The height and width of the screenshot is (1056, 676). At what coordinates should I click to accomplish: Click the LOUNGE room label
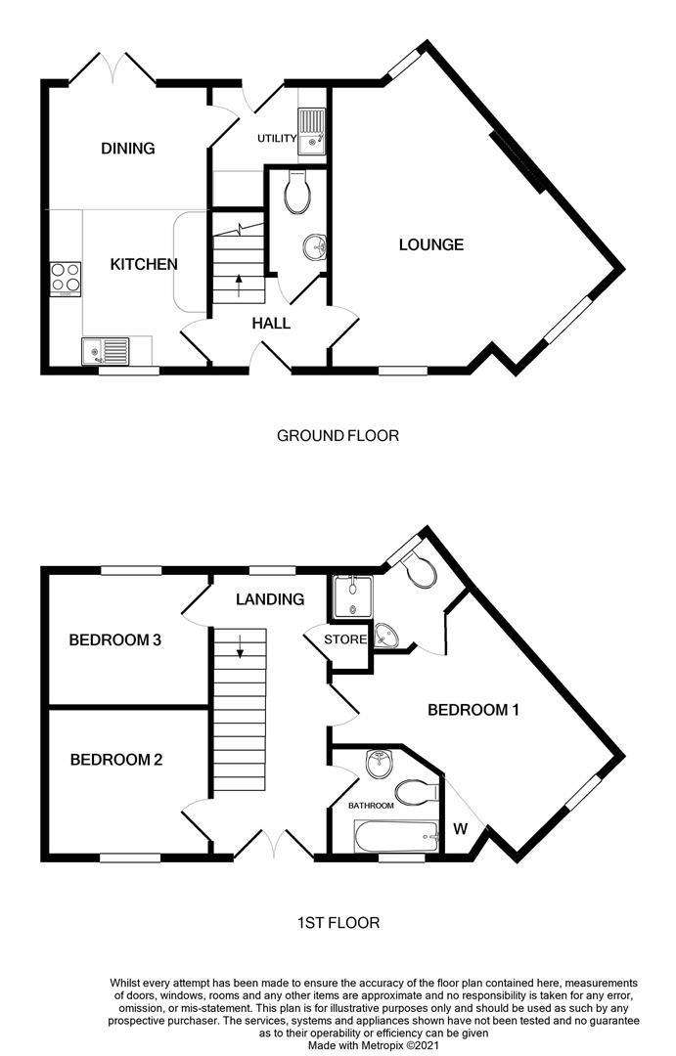430,244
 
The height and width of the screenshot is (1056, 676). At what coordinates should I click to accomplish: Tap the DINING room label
128,149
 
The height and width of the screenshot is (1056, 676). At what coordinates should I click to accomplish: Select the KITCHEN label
144,264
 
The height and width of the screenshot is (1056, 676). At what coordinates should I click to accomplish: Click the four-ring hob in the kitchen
66,278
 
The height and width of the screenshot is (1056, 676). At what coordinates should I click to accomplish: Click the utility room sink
312,131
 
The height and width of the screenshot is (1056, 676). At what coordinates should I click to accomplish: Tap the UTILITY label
277,139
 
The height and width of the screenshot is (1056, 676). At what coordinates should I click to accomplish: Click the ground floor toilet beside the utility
297,192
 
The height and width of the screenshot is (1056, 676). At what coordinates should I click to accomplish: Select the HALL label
271,323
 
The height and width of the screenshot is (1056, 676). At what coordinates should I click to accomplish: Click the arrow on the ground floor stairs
240,285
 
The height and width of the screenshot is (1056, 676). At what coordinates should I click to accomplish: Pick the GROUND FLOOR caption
338,435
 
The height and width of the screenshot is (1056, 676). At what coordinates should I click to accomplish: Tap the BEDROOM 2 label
114,760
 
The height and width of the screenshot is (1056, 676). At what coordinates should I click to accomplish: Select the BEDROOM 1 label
473,710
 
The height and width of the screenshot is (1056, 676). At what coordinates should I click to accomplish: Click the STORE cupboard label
347,640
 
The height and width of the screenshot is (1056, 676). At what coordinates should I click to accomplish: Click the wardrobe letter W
459,830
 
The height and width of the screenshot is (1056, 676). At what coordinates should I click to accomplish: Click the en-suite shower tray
351,596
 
